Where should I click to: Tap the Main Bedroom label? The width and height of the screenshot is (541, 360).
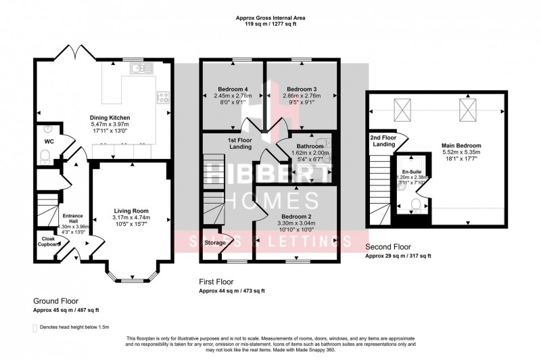[461, 145]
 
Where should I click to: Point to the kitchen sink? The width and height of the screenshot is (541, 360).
[141, 67]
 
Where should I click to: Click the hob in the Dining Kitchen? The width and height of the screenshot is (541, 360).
[163, 97]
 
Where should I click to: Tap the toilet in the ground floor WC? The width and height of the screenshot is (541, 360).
[45, 158]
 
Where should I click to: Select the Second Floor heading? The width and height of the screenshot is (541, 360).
[388, 248]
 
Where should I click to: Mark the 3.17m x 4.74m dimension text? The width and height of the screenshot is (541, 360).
[131, 217]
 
